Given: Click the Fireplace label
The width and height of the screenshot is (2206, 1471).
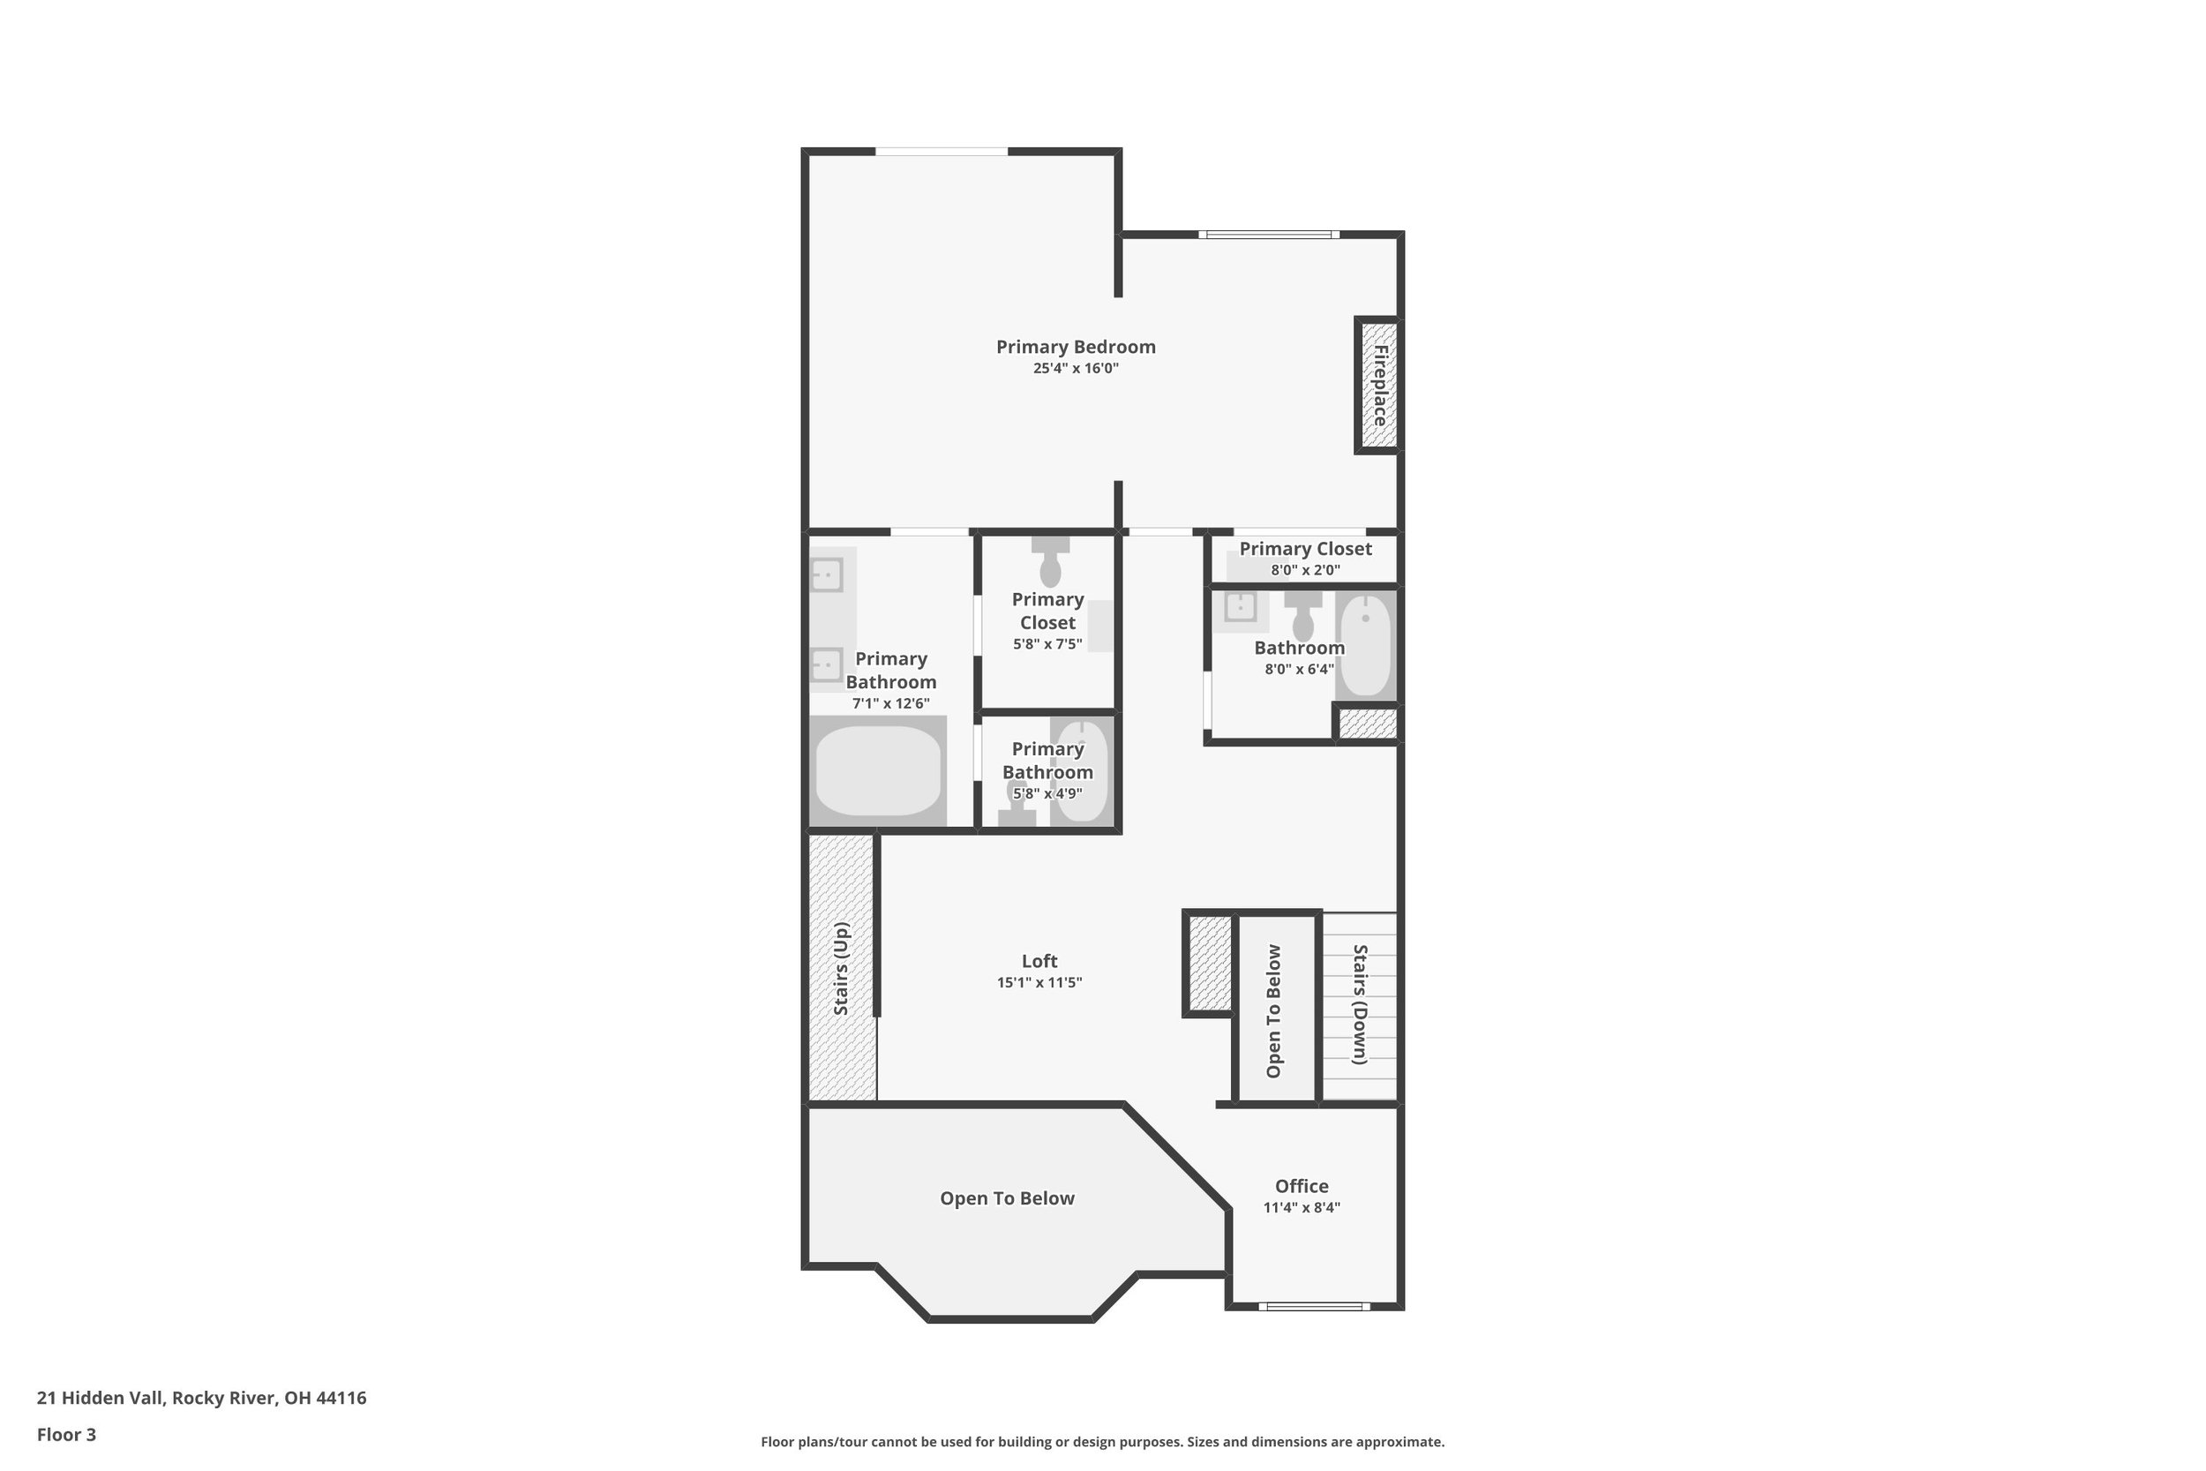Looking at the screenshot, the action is (x=1380, y=386).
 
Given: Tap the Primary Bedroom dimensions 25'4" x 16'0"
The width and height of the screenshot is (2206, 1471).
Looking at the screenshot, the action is (x=1076, y=369).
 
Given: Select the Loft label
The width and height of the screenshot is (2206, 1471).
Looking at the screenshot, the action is (x=1039, y=961).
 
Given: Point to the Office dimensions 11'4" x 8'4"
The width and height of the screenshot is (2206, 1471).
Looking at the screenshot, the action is (x=1301, y=1207).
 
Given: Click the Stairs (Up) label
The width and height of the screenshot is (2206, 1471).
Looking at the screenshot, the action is (x=841, y=968).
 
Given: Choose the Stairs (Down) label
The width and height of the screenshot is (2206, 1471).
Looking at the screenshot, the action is (x=1360, y=1005).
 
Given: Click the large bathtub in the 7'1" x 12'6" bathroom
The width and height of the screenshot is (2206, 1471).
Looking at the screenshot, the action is (x=878, y=771).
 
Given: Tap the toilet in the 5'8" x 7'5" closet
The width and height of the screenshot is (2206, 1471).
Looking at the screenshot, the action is (x=1050, y=562).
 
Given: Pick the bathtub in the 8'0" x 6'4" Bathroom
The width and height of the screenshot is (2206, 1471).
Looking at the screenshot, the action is (x=1366, y=645).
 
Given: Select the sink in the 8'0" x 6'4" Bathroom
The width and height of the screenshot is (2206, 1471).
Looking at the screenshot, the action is (x=1240, y=607).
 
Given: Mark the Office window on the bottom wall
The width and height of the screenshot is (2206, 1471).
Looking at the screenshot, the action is (x=1314, y=1306).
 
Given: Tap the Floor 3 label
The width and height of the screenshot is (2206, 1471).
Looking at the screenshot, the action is (x=66, y=1435).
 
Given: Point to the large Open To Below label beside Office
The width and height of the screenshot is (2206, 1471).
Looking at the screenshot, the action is (x=1008, y=1198).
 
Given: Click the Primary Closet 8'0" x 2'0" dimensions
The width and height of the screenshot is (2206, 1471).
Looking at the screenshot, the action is (x=1306, y=570).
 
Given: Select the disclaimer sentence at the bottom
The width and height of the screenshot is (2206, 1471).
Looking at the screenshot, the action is (x=1103, y=1442).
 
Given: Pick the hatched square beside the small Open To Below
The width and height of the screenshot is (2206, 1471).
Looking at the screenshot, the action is (x=1210, y=963).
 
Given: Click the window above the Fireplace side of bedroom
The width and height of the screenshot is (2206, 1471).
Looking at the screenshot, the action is (x=1269, y=235).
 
